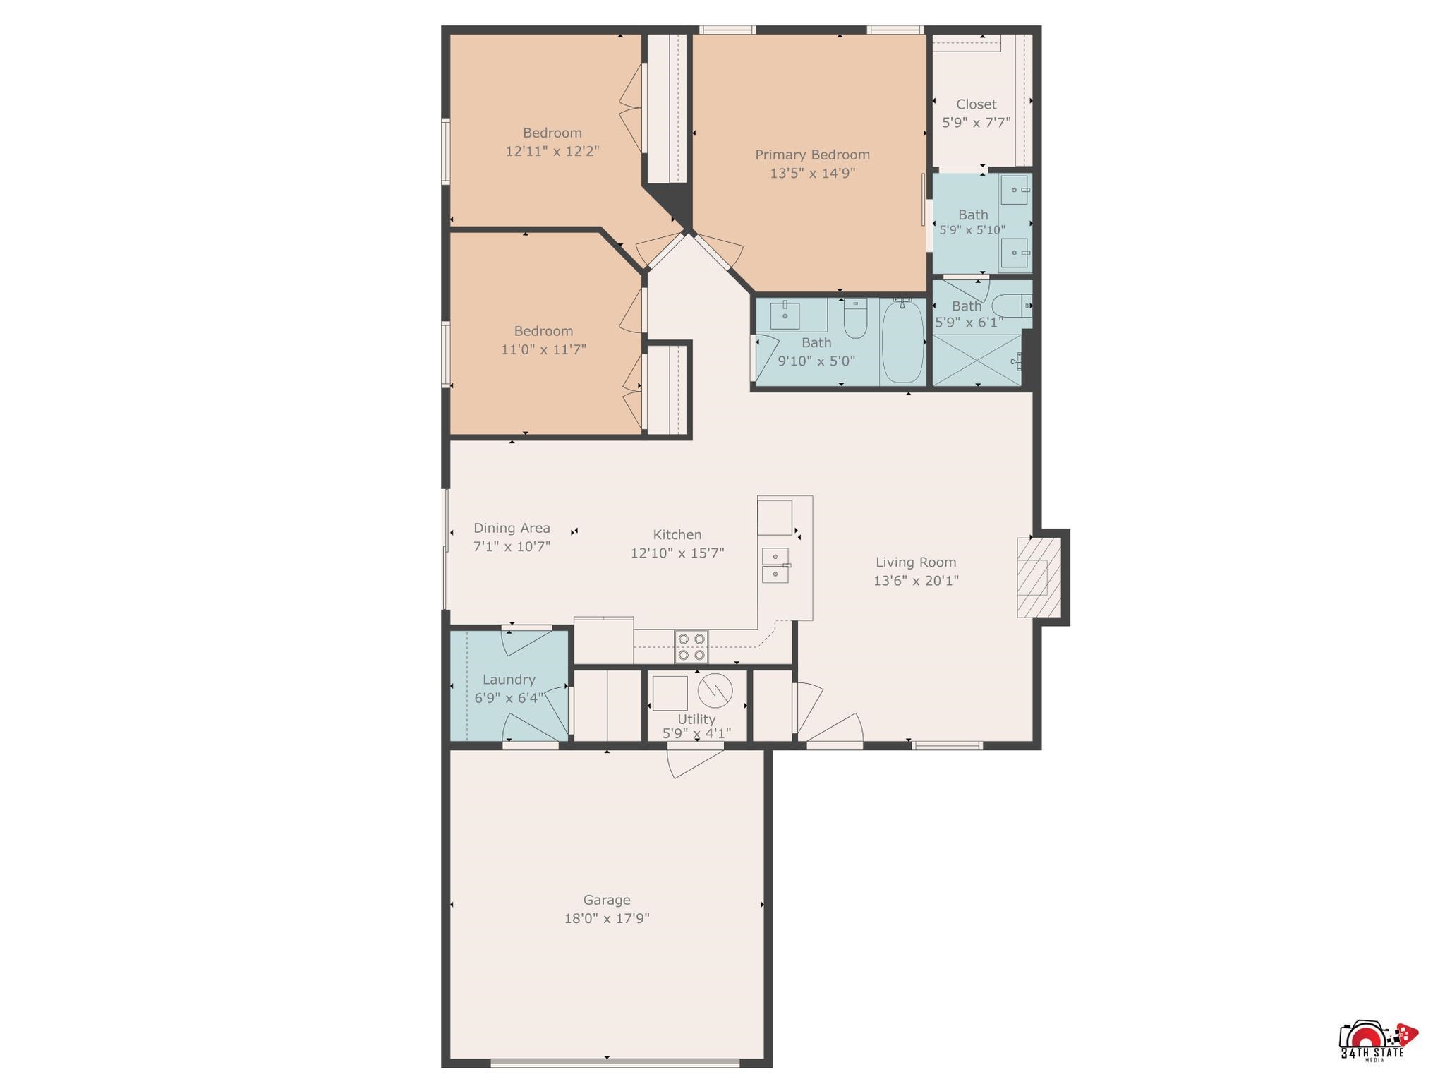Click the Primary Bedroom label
click(x=812, y=155)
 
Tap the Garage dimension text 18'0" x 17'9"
click(x=606, y=918)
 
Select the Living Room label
click(x=916, y=562)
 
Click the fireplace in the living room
click(x=1039, y=577)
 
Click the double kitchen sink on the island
click(x=775, y=565)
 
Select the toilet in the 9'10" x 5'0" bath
click(x=855, y=319)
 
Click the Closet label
click(x=977, y=104)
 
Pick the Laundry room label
click(x=509, y=680)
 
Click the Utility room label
click(x=696, y=718)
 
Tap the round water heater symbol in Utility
click(x=715, y=690)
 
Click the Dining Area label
click(x=512, y=528)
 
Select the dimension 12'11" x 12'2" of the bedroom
click(x=552, y=151)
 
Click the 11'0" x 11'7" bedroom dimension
click(x=543, y=349)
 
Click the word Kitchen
click(x=677, y=535)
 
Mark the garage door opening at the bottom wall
click(x=615, y=1063)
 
